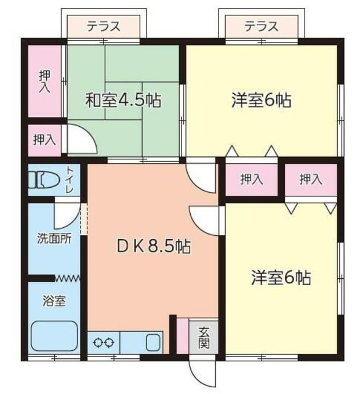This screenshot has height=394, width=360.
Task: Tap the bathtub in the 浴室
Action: tap(54, 336)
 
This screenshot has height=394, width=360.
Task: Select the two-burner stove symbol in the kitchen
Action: tap(103, 342)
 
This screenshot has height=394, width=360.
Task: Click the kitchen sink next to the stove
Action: tap(153, 342)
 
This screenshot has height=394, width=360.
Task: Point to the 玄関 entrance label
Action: tap(204, 338)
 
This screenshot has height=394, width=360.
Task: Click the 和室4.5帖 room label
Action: tap(123, 100)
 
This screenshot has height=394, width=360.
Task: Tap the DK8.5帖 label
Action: tap(154, 246)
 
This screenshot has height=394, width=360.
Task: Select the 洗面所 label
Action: tap(54, 238)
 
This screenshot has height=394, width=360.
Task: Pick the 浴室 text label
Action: tap(54, 300)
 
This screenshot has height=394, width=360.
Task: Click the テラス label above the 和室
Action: tap(103, 26)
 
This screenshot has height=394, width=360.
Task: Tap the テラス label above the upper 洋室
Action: tap(262, 26)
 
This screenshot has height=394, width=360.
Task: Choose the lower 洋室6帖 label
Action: tap(281, 278)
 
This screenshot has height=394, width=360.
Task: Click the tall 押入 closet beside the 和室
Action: tap(44, 81)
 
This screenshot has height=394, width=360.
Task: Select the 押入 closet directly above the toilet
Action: tap(44, 140)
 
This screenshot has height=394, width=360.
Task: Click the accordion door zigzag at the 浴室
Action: tap(67, 278)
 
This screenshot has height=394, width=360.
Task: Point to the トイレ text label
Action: tap(70, 179)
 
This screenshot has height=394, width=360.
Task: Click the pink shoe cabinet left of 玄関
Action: tap(182, 336)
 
